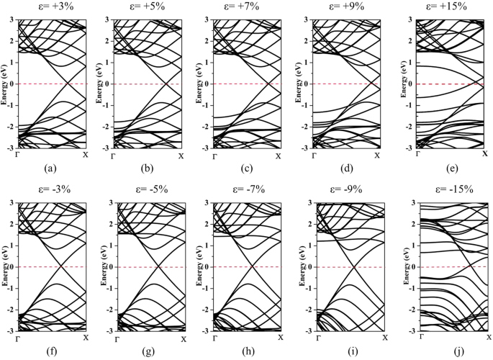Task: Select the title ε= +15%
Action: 446,6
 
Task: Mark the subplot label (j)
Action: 449,353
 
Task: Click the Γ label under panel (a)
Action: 17,155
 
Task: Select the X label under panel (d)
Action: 376,155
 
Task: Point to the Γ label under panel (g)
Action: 118,338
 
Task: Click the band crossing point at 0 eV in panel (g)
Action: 158,267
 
